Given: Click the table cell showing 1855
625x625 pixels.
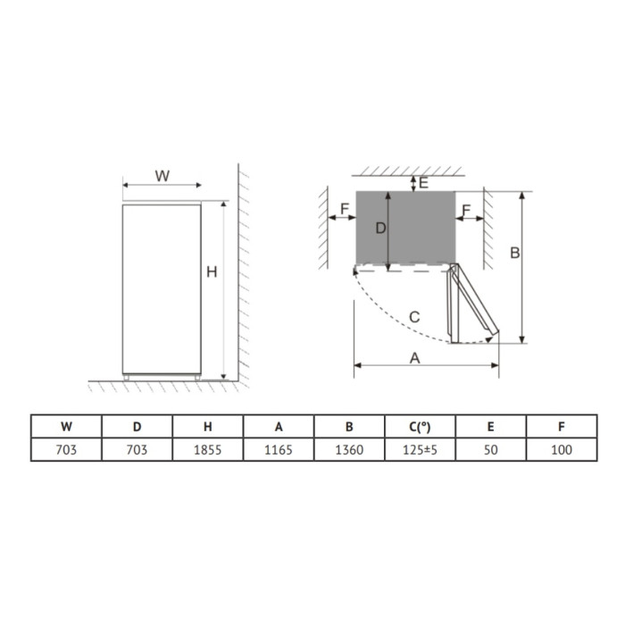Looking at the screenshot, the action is point(208,450).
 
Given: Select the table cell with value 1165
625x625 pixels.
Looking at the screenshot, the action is point(279,450).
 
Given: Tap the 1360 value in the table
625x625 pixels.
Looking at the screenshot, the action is point(349,450).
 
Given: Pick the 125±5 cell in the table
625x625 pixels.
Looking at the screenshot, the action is point(420,450).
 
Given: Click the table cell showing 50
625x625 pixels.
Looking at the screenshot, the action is point(491,450).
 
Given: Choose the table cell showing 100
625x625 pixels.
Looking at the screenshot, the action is point(562,450).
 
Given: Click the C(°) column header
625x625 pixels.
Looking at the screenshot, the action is point(420,427).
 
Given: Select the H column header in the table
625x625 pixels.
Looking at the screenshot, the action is point(208,427).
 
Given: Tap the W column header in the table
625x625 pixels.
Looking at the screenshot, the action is point(66,427).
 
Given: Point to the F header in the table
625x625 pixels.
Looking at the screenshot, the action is point(562,427).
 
